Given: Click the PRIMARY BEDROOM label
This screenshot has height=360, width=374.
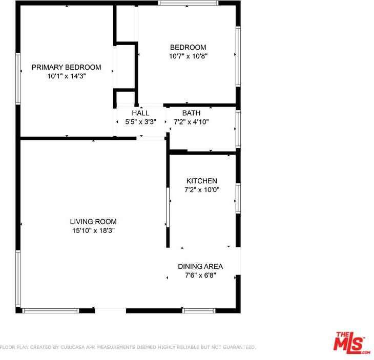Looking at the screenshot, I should (66, 67).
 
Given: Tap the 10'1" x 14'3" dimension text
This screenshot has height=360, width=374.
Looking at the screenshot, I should (66, 76).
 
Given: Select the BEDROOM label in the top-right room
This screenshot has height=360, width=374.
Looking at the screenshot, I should (188, 47).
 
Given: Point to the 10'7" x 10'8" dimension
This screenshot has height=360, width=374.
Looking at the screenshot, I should (188, 56).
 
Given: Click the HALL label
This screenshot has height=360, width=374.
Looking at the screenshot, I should (140, 113).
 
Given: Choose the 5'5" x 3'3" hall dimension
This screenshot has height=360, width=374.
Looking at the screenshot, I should (140, 122).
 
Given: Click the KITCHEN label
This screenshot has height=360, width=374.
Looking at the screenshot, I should (201, 181).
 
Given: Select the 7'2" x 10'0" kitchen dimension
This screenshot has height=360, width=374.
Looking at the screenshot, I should (201, 189).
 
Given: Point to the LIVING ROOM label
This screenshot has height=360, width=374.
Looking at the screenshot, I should (93, 222).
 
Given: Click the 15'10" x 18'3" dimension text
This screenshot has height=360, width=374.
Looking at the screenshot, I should (93, 230).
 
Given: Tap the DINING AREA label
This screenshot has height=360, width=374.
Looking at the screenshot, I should (200, 266).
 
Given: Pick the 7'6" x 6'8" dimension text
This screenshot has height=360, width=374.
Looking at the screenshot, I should (200, 275).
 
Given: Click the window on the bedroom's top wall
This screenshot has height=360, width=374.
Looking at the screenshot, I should (188, 3).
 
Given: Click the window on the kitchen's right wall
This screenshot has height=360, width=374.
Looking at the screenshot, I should (238, 198).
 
